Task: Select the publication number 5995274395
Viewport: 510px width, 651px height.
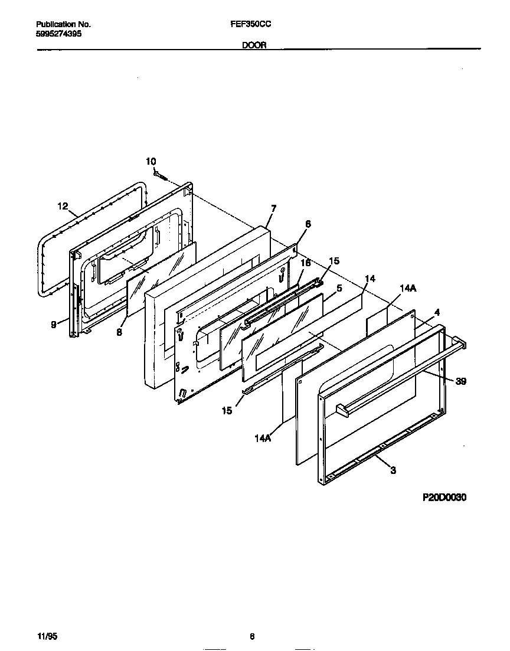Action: [59, 34]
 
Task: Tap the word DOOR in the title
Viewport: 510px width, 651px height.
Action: [254, 45]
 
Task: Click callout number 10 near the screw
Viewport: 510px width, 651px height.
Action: [151, 161]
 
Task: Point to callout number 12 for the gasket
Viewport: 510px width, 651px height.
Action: [63, 206]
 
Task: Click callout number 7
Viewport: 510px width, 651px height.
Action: [273, 208]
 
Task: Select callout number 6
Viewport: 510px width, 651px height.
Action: [308, 224]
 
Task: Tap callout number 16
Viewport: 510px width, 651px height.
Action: [305, 263]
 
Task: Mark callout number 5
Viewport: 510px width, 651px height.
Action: [339, 288]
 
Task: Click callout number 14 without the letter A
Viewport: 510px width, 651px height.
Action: [370, 278]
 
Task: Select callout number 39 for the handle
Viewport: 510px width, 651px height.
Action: [461, 382]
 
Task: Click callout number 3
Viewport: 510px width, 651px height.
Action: [393, 470]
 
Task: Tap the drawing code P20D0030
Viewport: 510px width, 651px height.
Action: [444, 498]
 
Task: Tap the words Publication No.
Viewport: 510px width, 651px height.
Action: [63, 25]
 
